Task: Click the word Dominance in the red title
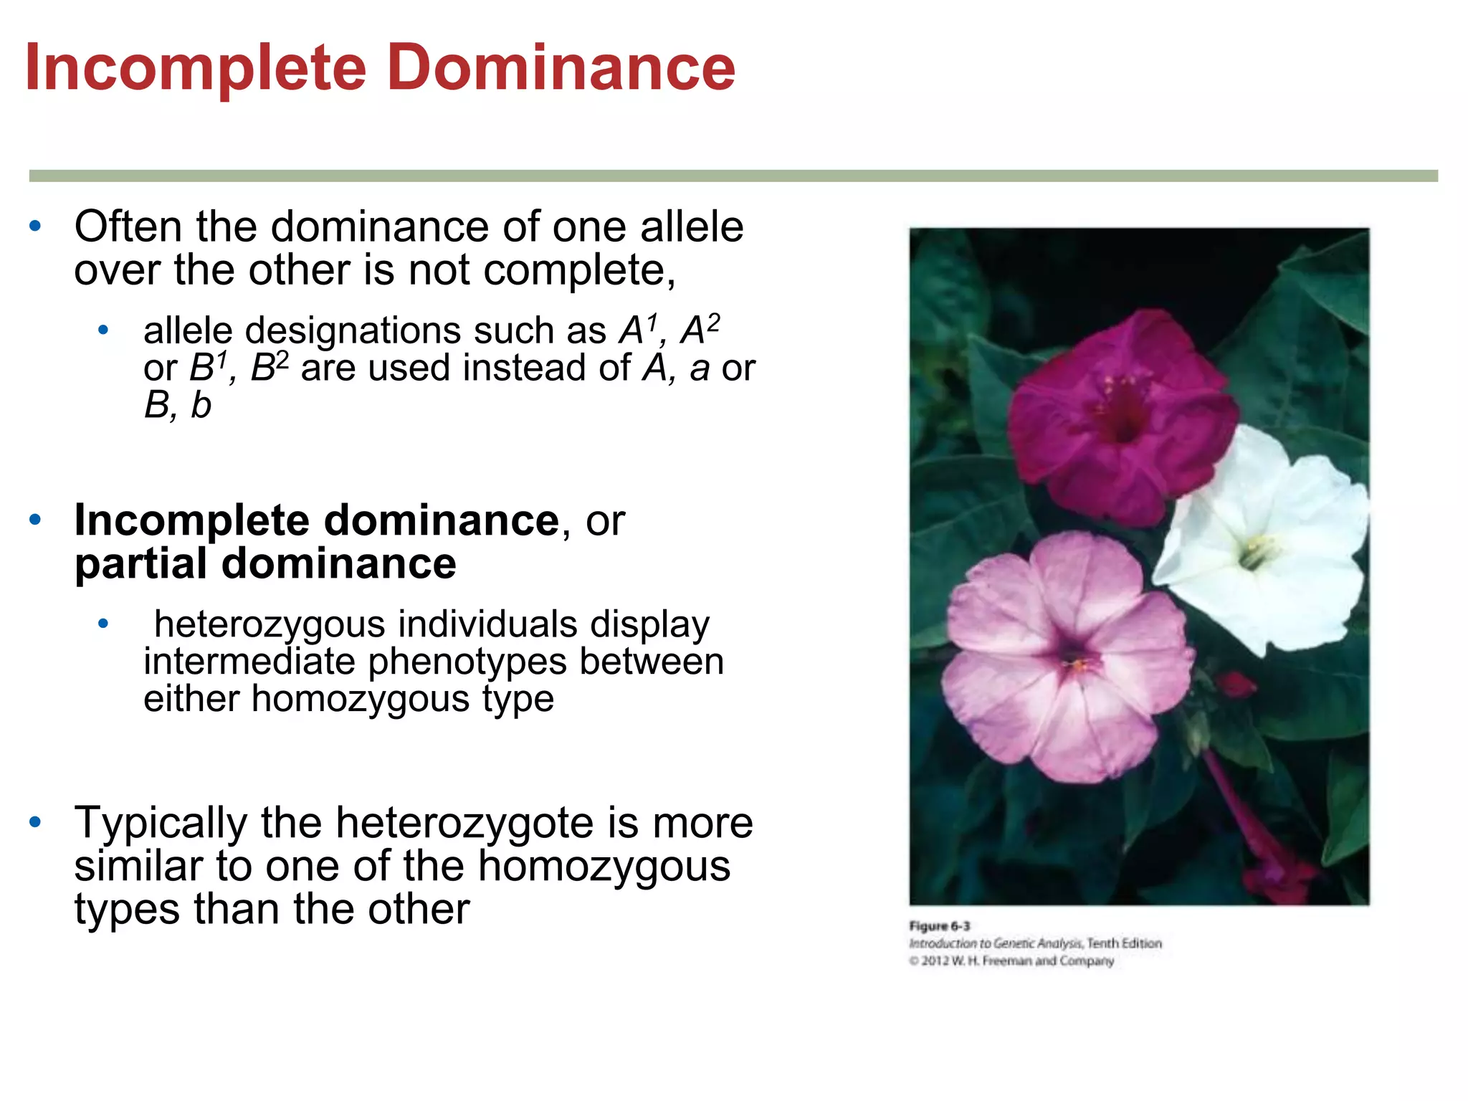point(561,68)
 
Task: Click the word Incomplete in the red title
point(196,68)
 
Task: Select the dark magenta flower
point(1118,416)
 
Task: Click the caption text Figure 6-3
point(939,925)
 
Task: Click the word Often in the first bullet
point(128,227)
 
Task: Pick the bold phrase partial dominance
point(265,563)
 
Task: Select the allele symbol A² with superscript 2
point(700,330)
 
